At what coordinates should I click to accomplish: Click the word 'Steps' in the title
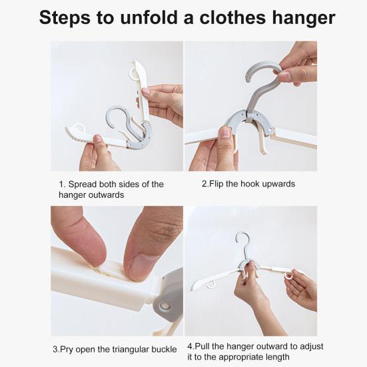pos(65,18)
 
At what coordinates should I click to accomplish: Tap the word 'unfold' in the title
pos(149,17)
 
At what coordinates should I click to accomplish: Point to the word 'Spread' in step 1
pos(82,184)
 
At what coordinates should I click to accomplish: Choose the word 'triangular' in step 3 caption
pos(131,350)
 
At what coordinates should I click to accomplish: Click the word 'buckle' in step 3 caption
pos(164,349)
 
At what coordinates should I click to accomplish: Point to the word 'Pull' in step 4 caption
pos(202,346)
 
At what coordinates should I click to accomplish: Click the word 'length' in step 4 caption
pos(279,358)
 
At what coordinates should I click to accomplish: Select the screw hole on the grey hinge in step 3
pos(165,306)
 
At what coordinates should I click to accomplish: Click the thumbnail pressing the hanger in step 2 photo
pos(226,133)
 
